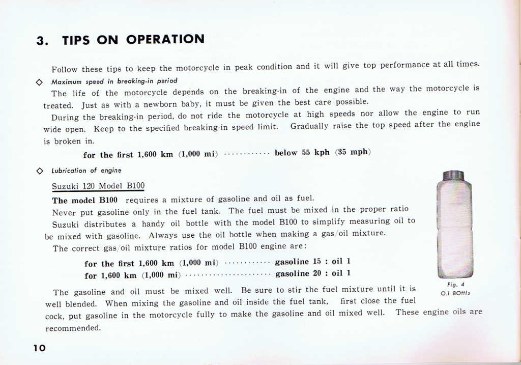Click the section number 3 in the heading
41,41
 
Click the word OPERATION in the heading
165,39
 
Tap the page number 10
39,348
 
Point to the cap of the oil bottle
453,175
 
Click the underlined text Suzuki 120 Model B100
98,186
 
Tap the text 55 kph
313,152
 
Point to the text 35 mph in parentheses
353,152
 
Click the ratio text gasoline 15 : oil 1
312,262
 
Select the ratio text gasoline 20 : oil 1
312,273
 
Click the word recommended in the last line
73,328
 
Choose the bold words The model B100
85,200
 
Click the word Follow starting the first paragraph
65,69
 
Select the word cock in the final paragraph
53,316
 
